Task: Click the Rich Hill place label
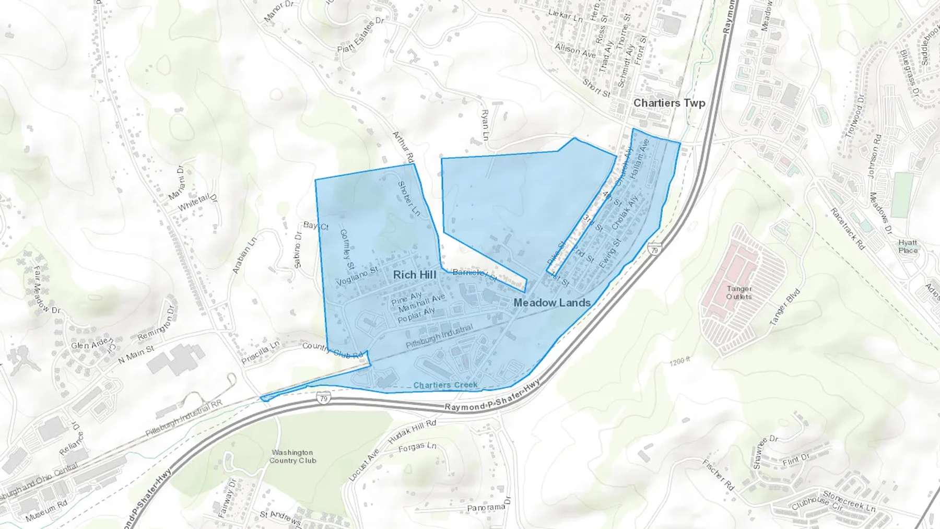tap(415, 275)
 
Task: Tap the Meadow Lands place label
tap(552, 303)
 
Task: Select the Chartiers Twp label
tap(669, 103)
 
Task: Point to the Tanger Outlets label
tap(739, 292)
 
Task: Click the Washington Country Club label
tap(292, 456)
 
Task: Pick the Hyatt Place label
tap(908, 246)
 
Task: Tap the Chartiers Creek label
tap(445, 385)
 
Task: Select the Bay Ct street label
tap(316, 226)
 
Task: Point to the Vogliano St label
tap(357, 276)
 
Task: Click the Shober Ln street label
tap(409, 198)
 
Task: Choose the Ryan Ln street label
tap(485, 125)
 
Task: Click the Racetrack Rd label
tap(847, 229)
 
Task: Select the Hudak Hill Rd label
tap(412, 432)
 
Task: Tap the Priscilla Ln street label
tap(260, 353)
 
